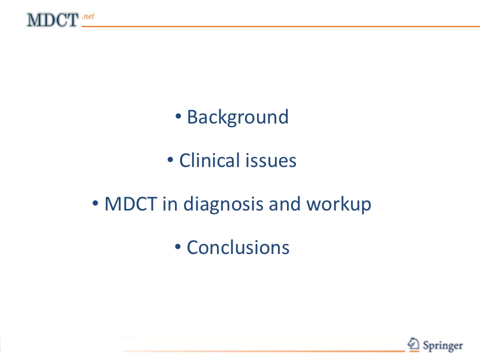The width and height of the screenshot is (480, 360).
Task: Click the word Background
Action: [238, 117]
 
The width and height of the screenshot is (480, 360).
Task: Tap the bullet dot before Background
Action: [178, 116]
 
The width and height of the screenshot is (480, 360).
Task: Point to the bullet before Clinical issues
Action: [170, 159]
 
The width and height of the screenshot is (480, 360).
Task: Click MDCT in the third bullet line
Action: [130, 204]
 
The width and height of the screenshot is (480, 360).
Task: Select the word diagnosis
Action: [223, 204]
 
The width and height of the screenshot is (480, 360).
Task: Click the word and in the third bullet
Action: [284, 204]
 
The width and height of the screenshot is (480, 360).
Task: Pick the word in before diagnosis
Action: [170, 204]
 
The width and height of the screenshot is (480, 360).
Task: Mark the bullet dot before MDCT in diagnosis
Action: [95, 203]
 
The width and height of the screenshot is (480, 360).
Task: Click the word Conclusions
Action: [238, 247]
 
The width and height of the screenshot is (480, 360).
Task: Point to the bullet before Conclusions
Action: [178, 246]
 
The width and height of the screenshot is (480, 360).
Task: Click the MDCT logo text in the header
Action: [52, 20]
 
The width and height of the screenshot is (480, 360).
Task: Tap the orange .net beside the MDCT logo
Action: [88, 16]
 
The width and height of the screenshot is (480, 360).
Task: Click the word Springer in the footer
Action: [442, 346]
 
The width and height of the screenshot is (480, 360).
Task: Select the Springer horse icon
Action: [413, 344]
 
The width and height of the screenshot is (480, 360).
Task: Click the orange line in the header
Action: [280, 26]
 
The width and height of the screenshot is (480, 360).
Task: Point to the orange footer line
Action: [263, 351]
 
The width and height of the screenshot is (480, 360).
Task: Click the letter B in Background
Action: [192, 117]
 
